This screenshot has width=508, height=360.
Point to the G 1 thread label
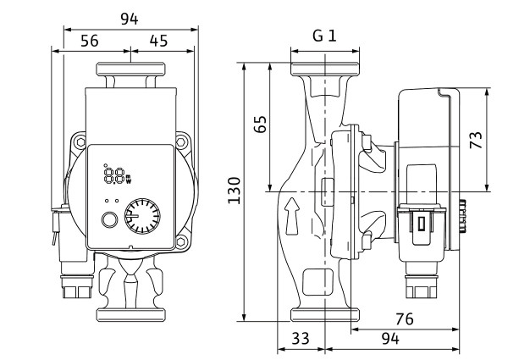pyautogui.click(x=324, y=36)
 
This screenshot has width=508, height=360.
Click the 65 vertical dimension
pyautogui.click(x=261, y=125)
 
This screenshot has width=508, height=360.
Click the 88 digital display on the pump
pyautogui.click(x=114, y=176)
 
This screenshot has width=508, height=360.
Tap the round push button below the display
pyautogui.click(x=108, y=222)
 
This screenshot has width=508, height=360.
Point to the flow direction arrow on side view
pyautogui.click(x=292, y=216)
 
